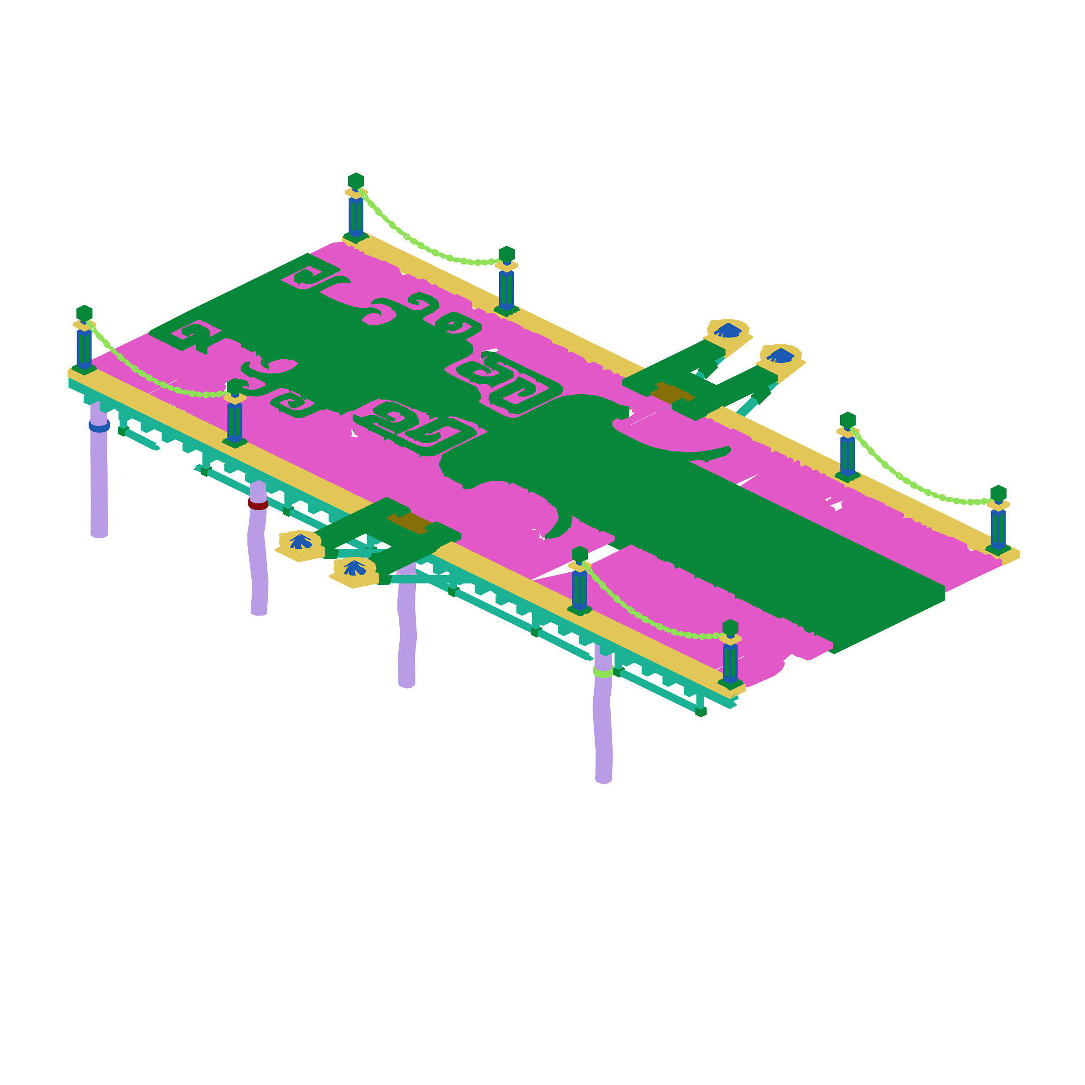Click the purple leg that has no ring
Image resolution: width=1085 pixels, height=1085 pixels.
[x=407, y=635]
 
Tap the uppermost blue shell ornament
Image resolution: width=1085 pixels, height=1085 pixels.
[x=728, y=330]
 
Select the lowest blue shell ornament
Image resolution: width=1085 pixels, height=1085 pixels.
[x=355, y=568]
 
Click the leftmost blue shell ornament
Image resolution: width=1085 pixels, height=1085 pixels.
[x=300, y=542]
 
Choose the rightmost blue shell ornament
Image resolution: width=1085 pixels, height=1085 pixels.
[x=780, y=355]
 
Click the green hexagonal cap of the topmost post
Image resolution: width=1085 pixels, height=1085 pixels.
[x=356, y=181]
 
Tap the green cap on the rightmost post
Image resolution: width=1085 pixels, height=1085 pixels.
[x=998, y=493]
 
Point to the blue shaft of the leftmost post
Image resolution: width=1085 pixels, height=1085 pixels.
[x=84, y=348]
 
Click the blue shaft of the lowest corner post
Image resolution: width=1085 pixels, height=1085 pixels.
[x=730, y=663]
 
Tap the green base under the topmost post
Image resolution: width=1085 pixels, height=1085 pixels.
[x=356, y=238]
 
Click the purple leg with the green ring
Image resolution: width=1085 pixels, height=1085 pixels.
[x=603, y=730]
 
